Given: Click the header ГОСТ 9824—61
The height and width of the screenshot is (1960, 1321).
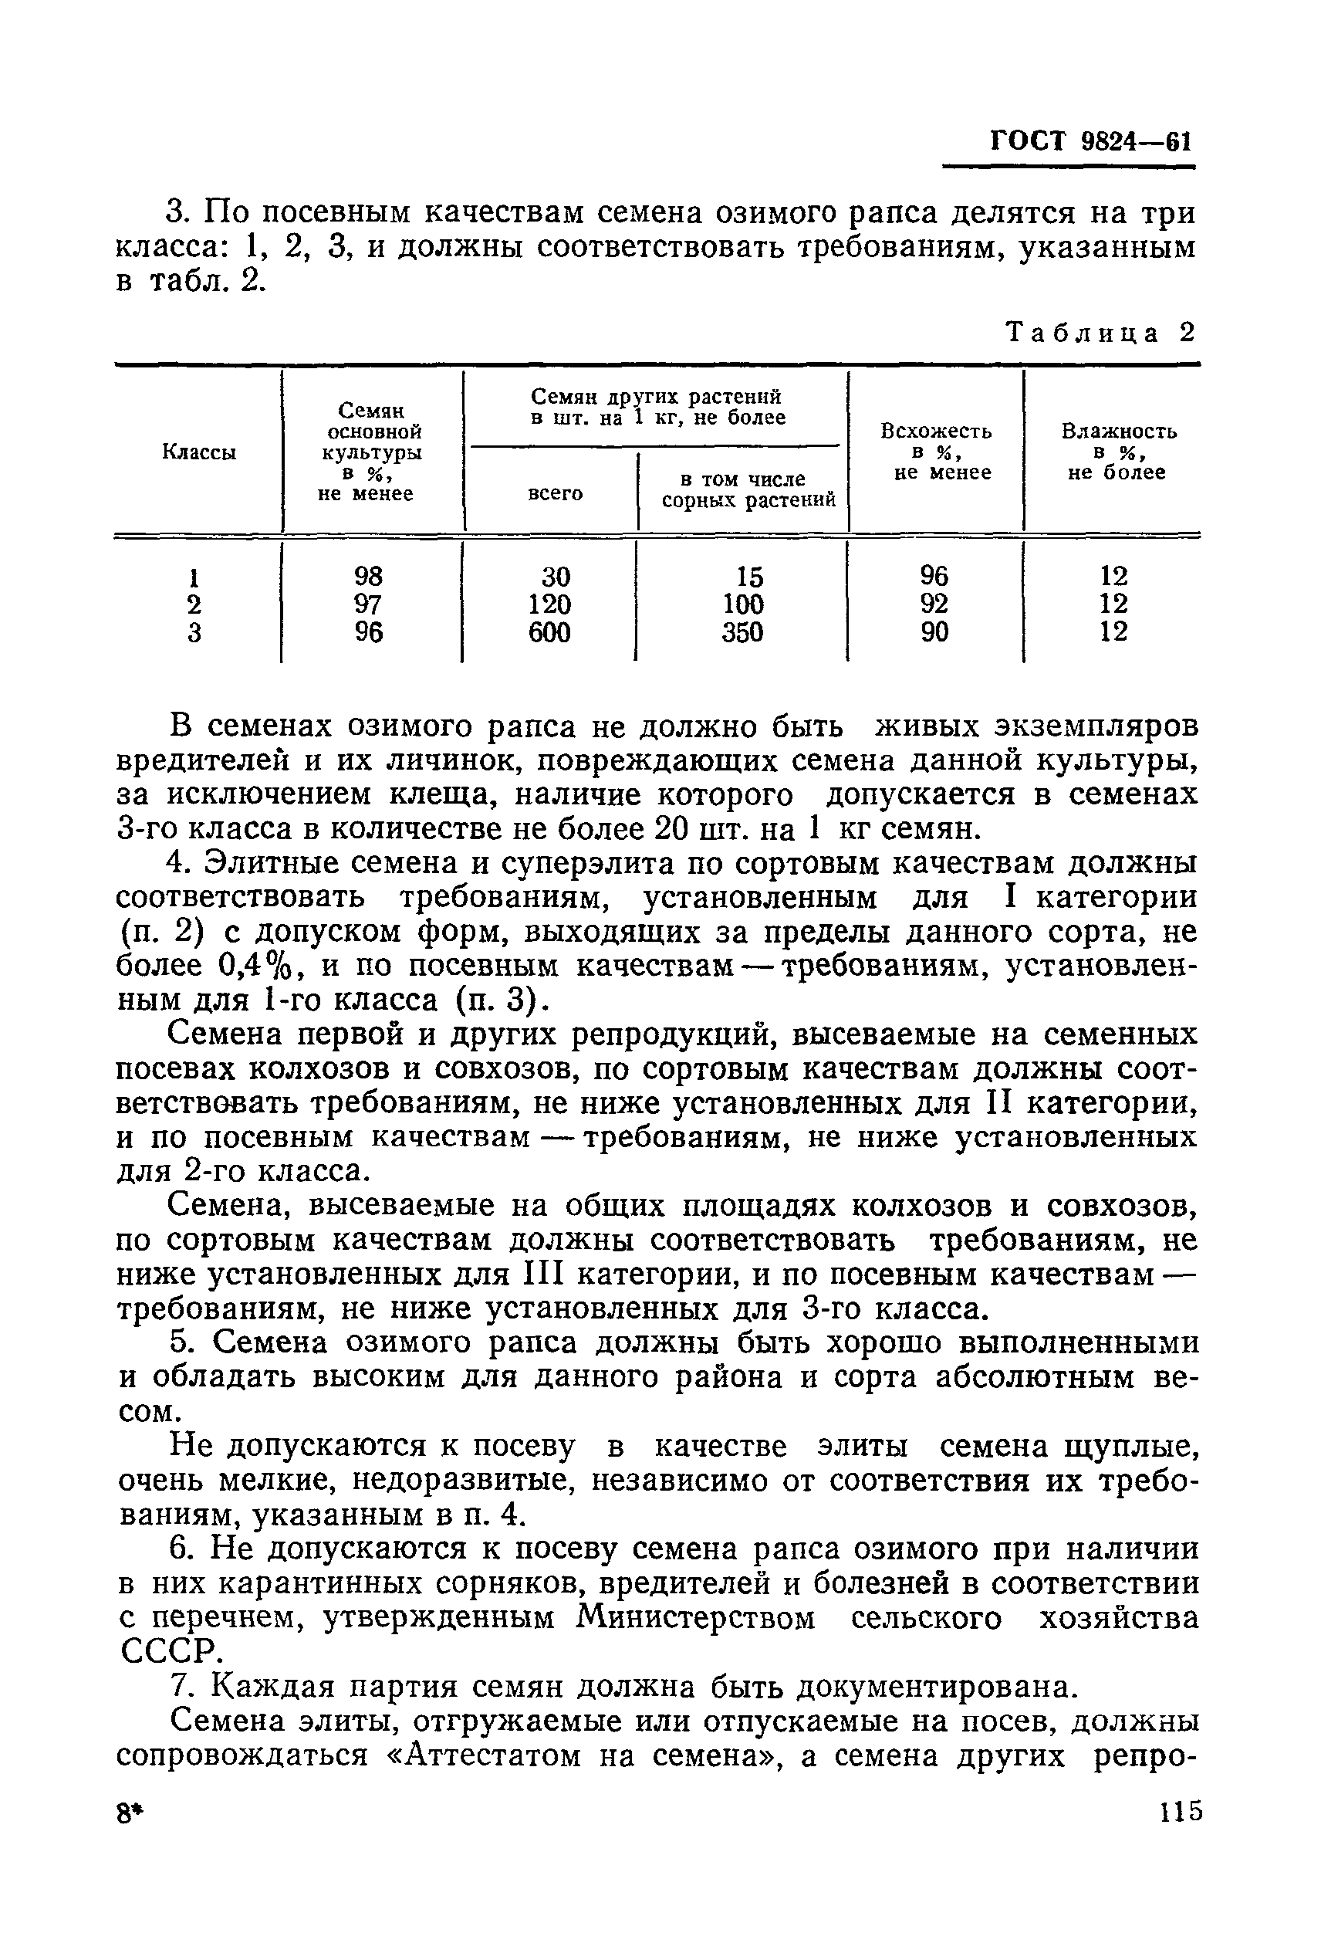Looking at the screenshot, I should click(x=1091, y=141).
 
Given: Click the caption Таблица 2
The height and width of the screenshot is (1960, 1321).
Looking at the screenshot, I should click(x=1101, y=333).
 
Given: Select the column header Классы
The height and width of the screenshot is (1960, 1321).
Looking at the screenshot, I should click(x=199, y=452).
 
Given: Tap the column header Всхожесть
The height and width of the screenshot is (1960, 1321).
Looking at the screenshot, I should click(x=936, y=432).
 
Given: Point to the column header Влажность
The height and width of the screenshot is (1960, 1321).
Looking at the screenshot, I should click(x=1118, y=432).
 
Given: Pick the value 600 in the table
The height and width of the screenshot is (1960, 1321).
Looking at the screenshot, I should click(x=549, y=632).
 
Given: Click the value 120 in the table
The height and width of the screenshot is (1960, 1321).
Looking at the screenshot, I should click(x=550, y=604).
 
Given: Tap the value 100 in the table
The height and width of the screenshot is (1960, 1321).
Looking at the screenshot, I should click(x=743, y=604).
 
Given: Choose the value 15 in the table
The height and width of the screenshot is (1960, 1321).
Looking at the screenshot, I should click(x=749, y=577).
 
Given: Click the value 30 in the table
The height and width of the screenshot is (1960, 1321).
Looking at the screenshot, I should click(x=556, y=577).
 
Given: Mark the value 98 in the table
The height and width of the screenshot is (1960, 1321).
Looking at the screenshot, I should click(x=368, y=577).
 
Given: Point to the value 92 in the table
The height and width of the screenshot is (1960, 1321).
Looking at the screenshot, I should click(x=934, y=604).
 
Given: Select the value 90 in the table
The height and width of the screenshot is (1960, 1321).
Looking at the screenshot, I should click(x=934, y=632).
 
